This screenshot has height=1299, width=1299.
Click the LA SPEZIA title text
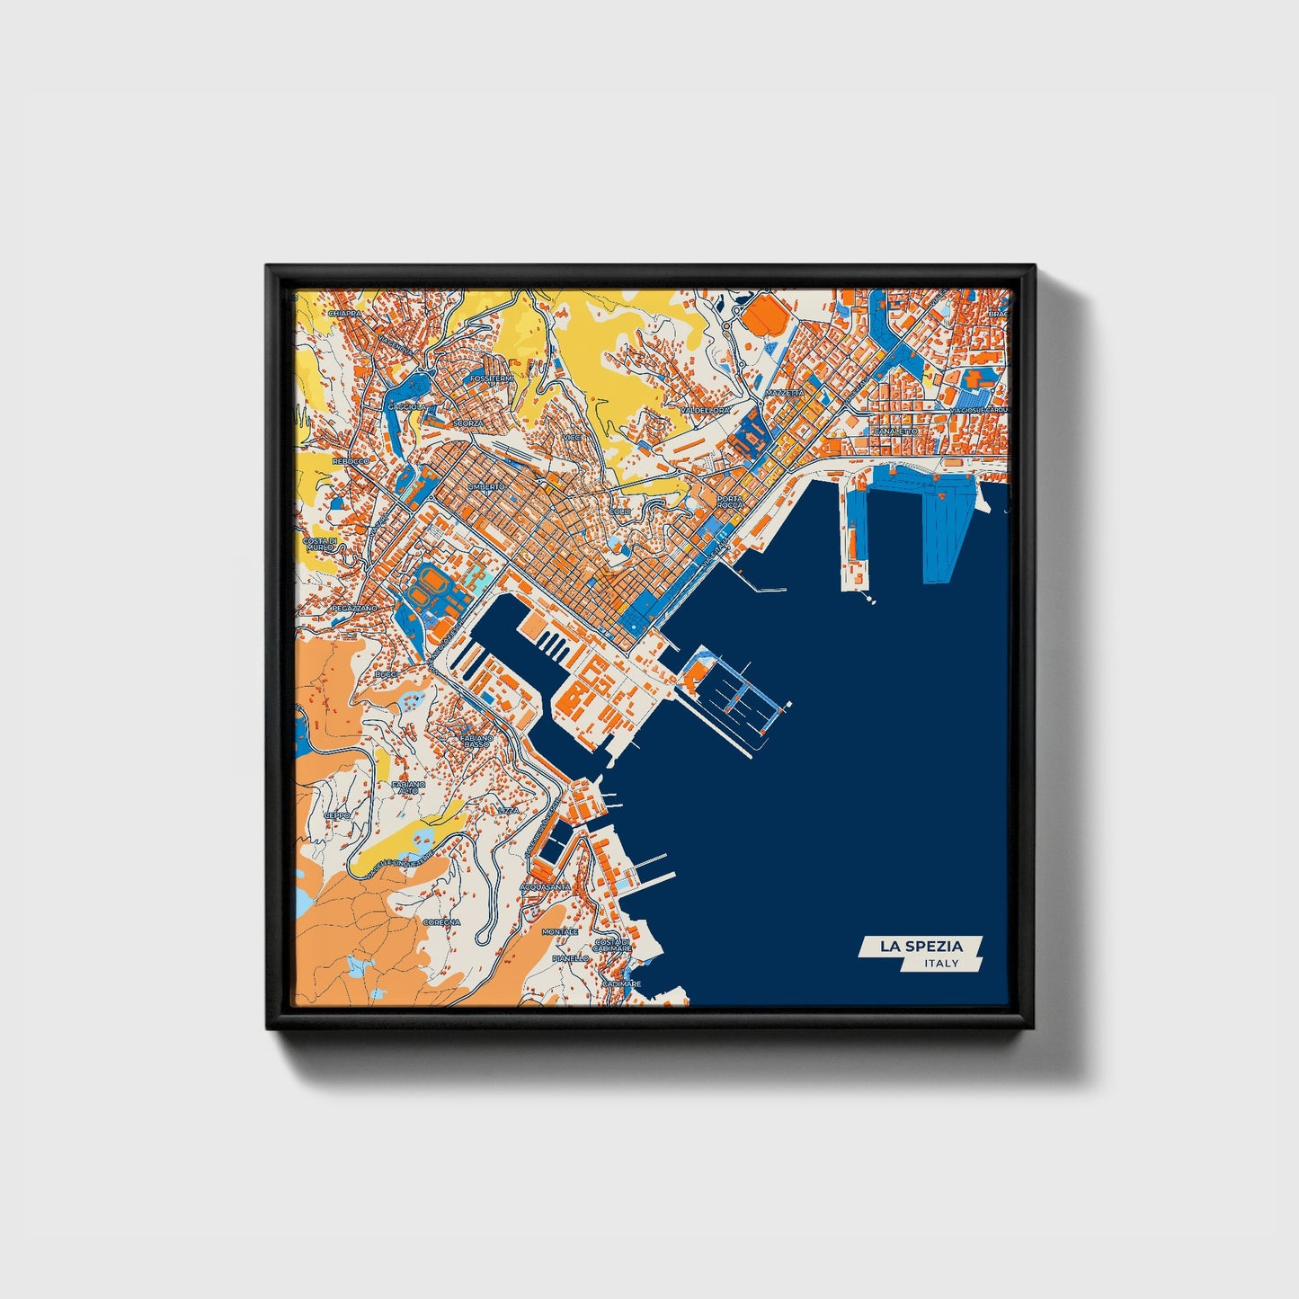click(x=921, y=946)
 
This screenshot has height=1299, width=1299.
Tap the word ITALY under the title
click(x=941, y=964)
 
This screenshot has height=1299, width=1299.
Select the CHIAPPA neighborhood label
click(x=344, y=313)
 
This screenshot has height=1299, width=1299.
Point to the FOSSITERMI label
click(x=492, y=378)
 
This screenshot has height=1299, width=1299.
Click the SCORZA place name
click(x=468, y=423)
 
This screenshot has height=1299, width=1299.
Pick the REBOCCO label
click(x=351, y=460)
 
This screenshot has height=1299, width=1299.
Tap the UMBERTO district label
click(x=485, y=486)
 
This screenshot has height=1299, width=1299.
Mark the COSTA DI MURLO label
click(x=319, y=543)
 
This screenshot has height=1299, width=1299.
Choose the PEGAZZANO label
click(x=354, y=609)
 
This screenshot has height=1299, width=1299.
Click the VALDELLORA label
click(x=706, y=410)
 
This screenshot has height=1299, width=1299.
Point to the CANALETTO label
click(x=895, y=432)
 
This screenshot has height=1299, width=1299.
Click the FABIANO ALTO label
click(x=409, y=788)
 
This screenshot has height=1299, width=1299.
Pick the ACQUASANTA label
click(x=546, y=886)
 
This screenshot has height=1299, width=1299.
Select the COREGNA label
click(x=441, y=922)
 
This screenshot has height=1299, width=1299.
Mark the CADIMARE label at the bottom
click(x=622, y=983)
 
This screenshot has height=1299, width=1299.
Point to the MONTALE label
click(x=560, y=932)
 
